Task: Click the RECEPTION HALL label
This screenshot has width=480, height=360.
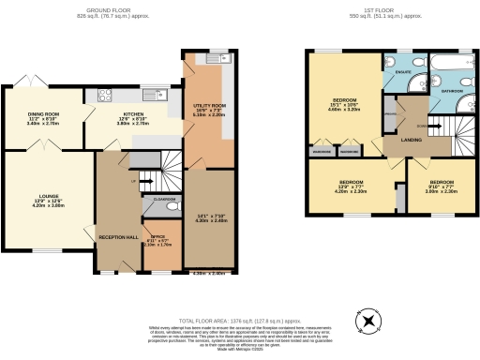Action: pos(118,237)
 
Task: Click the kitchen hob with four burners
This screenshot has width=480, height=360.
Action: pos(101,94)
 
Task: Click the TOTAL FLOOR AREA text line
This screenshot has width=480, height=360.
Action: pos(240,320)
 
